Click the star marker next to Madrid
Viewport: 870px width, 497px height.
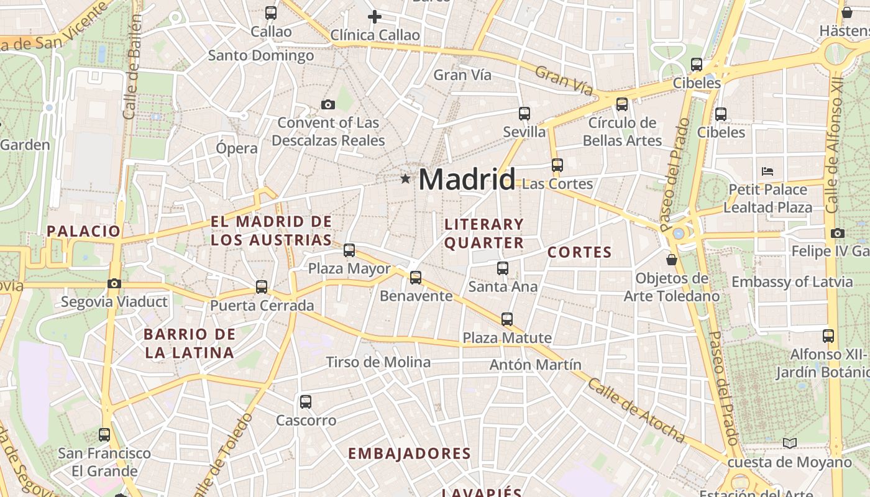coord(405,180)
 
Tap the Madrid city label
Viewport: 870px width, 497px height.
coord(467,180)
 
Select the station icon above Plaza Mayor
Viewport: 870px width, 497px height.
coord(349,250)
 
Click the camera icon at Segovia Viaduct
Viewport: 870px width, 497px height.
coord(114,284)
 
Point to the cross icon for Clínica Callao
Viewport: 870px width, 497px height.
coord(375,17)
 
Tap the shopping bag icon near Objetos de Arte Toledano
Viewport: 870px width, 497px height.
coord(671,259)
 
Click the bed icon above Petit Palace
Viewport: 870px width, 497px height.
coord(767,171)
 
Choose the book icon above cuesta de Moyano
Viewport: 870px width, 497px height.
coord(789,444)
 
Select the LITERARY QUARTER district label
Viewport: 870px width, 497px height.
coord(484,233)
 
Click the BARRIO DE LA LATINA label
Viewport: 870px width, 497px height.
coord(190,344)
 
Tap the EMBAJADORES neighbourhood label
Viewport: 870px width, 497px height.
coord(410,454)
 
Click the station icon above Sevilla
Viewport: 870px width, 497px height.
coord(524,114)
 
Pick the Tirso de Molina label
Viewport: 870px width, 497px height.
coord(378,362)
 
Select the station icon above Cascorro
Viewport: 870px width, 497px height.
coord(306,402)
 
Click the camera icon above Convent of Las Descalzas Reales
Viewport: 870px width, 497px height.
coord(328,104)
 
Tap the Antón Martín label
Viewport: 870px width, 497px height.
coord(535,365)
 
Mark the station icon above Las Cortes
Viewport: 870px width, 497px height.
coord(557,165)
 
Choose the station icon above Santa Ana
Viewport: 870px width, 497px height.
coord(503,268)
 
